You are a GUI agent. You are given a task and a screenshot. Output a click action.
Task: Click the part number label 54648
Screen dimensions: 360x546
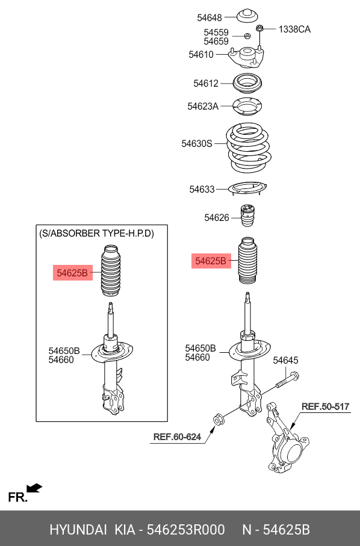click(x=209, y=17)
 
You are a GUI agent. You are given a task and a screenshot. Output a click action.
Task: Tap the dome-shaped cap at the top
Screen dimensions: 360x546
click(x=247, y=17)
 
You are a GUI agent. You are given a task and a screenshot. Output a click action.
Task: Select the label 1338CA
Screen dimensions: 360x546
click(x=294, y=29)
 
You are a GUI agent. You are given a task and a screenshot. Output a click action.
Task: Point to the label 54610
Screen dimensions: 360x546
click(x=201, y=54)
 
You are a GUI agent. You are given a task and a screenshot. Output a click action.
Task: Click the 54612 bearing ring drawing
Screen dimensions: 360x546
click(x=247, y=83)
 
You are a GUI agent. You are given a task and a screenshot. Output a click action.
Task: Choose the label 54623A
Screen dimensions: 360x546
click(x=203, y=106)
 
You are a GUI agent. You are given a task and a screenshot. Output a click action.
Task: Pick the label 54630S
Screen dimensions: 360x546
click(x=197, y=143)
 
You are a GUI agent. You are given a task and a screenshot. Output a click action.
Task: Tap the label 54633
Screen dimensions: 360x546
click(x=202, y=189)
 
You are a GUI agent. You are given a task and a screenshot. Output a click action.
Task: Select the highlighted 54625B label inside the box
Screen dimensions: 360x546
click(x=72, y=273)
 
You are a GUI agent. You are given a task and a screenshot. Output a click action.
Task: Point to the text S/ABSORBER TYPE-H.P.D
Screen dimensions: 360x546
click(x=96, y=233)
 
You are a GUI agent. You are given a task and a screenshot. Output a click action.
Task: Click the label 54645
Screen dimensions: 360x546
click(x=285, y=361)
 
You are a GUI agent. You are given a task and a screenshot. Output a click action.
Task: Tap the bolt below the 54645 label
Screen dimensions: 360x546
click(x=288, y=380)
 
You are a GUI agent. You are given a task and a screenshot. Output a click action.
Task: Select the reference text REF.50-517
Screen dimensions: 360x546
click(x=325, y=406)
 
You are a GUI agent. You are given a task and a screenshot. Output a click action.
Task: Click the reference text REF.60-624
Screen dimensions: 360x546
click(x=177, y=436)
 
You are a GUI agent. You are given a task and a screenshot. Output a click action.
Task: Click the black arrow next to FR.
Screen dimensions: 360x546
click(x=34, y=488)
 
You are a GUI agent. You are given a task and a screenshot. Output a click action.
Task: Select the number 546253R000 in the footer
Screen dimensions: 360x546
click(x=185, y=530)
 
